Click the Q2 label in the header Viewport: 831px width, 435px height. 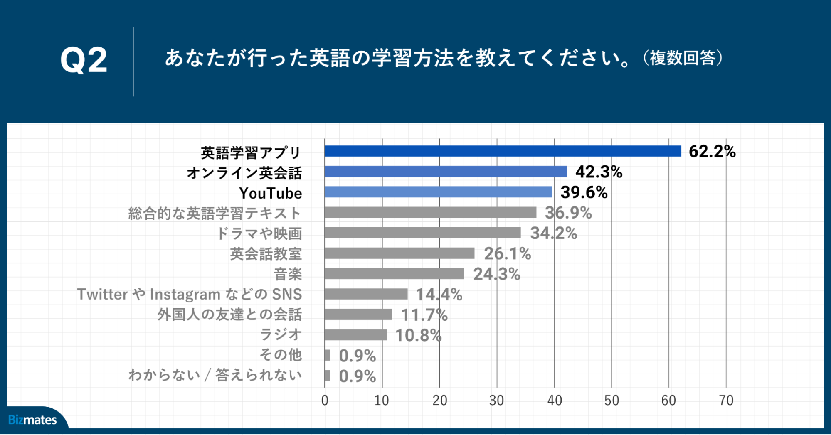(84, 60)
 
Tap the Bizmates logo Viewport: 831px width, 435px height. (32, 420)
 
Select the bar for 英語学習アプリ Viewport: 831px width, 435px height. (503, 151)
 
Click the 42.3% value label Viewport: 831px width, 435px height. (599, 172)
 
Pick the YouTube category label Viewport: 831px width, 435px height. (271, 193)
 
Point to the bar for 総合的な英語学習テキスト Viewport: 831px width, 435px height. (430, 212)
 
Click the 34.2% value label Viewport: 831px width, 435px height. (553, 233)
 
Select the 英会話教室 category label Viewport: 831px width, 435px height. (266, 254)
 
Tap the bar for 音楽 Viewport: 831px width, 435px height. (394, 274)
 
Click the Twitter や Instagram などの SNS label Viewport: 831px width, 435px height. (190, 294)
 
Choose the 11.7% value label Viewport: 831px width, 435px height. (424, 315)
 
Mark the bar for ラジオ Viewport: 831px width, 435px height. (355, 335)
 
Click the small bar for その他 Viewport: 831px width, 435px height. (328, 355)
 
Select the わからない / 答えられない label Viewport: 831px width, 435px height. (215, 375)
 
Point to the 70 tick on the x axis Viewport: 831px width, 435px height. (726, 401)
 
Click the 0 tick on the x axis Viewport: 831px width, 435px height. (325, 401)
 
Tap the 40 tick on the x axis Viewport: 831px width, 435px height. (554, 401)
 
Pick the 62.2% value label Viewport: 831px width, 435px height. (712, 151)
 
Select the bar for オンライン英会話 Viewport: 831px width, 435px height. (446, 172)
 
